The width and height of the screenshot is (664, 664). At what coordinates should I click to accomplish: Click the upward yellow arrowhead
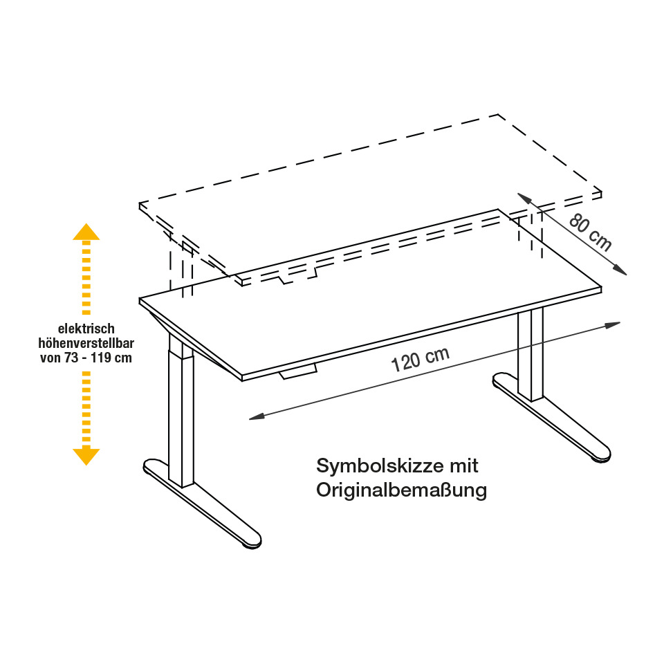86,232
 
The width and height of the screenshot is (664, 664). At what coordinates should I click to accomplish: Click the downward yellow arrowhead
86,456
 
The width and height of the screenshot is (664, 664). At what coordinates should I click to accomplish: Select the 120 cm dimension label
420,359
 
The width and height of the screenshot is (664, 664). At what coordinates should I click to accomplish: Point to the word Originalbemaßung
401,490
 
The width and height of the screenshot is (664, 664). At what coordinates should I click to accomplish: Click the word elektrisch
86,329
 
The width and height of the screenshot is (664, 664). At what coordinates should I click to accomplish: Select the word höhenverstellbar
86,344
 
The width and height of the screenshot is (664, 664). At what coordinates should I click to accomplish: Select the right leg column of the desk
531,353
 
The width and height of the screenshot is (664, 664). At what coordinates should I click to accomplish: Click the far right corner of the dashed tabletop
601,191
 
